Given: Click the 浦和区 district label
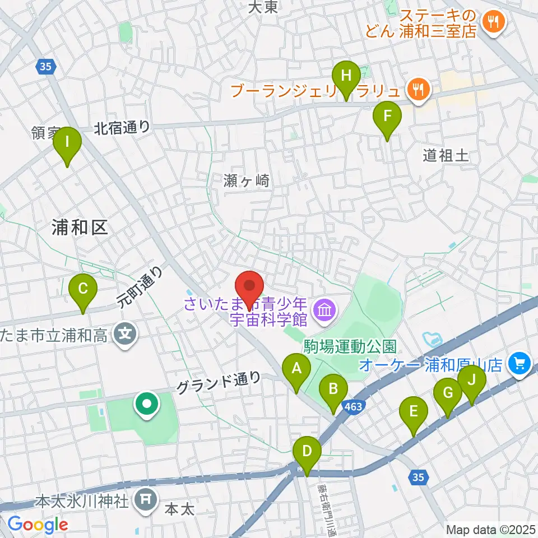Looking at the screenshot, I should click(78, 227).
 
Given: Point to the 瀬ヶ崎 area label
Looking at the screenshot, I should click(247, 180).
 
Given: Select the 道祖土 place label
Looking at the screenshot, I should click(446, 156).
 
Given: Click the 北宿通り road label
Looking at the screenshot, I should click(122, 128).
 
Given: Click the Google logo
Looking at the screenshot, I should click(37, 524).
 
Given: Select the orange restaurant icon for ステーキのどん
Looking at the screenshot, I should click(494, 22).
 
